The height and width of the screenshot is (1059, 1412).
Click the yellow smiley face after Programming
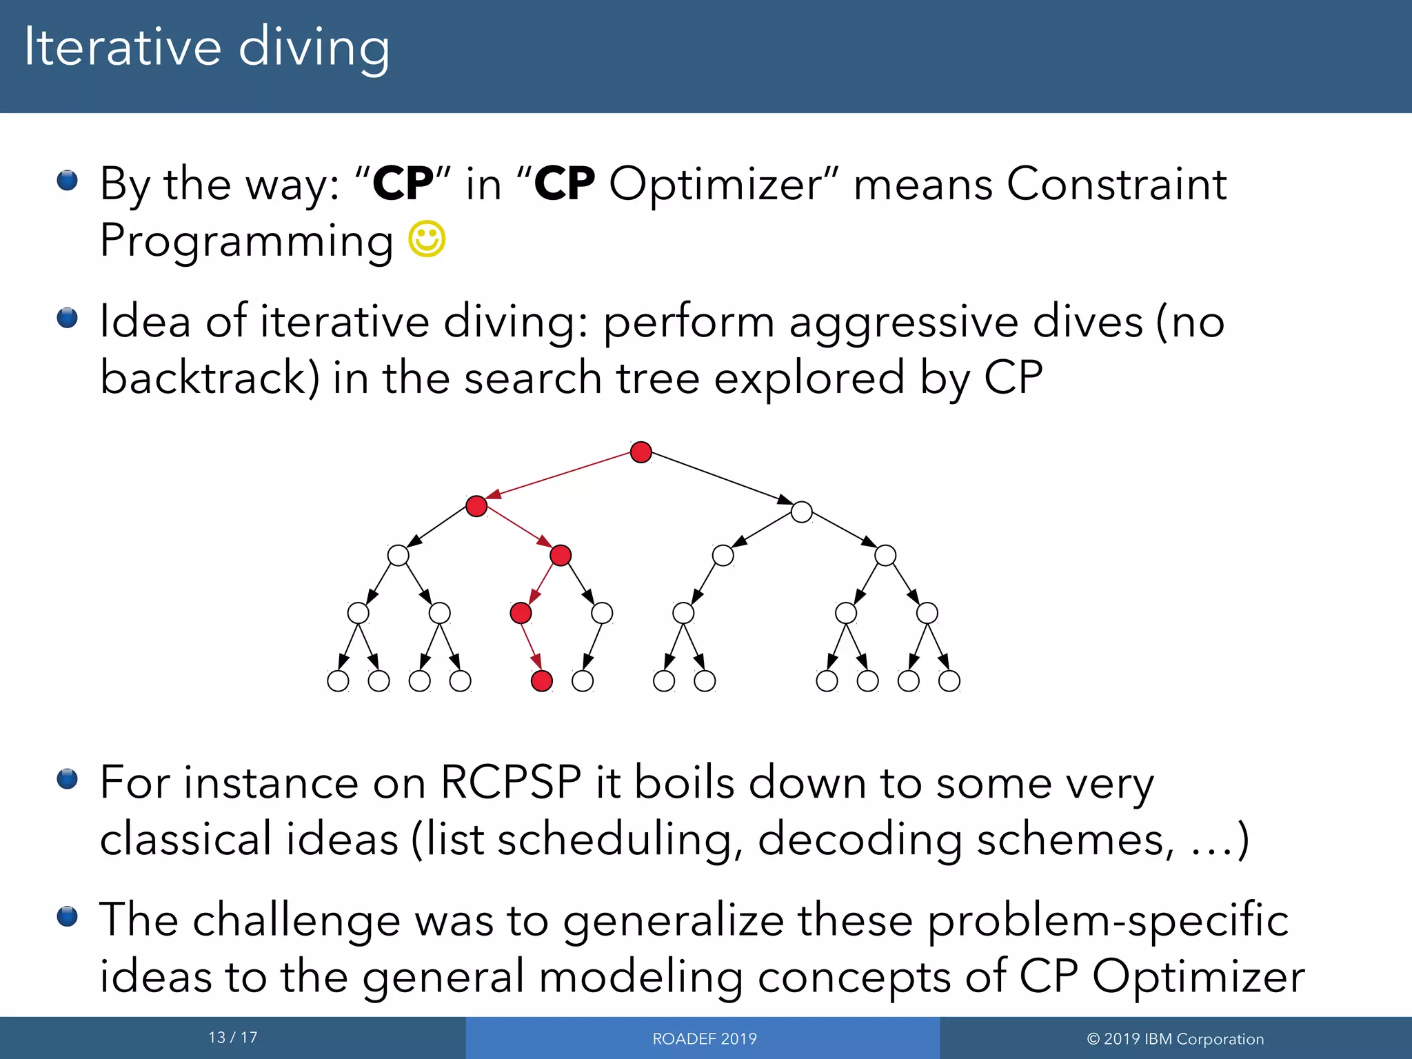[427, 239]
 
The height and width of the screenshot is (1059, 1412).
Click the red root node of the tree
[641, 452]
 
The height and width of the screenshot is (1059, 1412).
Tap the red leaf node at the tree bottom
[542, 681]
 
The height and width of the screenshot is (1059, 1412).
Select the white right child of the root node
[801, 512]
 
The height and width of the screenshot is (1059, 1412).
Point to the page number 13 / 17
[233, 1038]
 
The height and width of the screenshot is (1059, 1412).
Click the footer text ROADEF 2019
[704, 1039]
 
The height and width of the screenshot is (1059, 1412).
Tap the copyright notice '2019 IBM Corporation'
[1176, 1039]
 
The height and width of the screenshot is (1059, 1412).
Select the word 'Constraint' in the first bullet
[1116, 184]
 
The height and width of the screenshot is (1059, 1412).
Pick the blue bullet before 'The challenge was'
[67, 916]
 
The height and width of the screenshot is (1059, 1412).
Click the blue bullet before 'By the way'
[67, 181]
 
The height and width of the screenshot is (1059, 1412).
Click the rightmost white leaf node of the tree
[949, 681]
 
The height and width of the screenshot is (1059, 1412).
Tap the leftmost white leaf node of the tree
[338, 681]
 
